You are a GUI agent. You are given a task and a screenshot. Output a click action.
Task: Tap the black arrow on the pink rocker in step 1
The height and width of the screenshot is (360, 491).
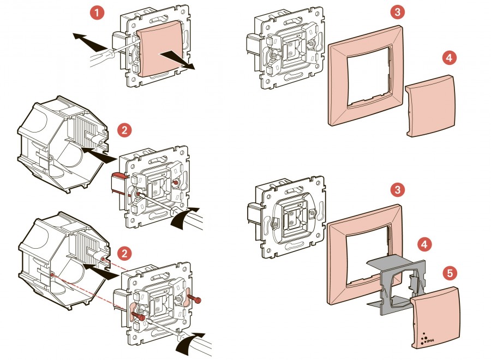pos(177,60)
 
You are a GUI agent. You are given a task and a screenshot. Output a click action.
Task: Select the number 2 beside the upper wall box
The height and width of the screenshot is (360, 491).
pos(124,130)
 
